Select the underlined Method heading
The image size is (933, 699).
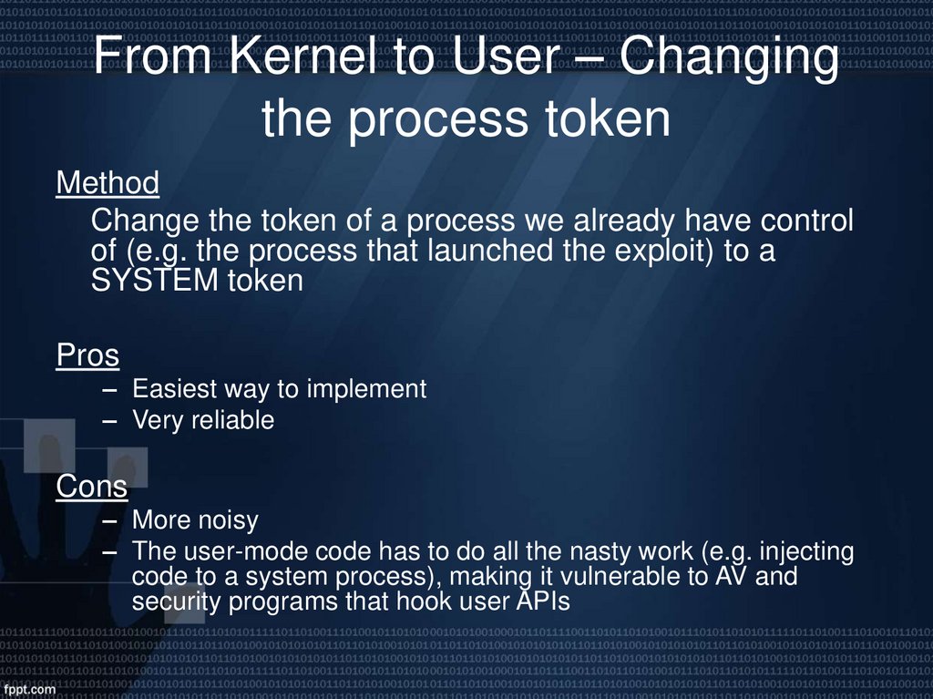(x=108, y=183)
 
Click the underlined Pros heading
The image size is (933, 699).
(x=87, y=355)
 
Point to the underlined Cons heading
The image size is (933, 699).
(x=91, y=487)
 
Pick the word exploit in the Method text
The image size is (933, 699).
(x=662, y=251)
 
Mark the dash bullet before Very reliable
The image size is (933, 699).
(x=110, y=421)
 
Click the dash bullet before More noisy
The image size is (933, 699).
(x=110, y=521)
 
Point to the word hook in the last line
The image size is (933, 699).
(x=450, y=601)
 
